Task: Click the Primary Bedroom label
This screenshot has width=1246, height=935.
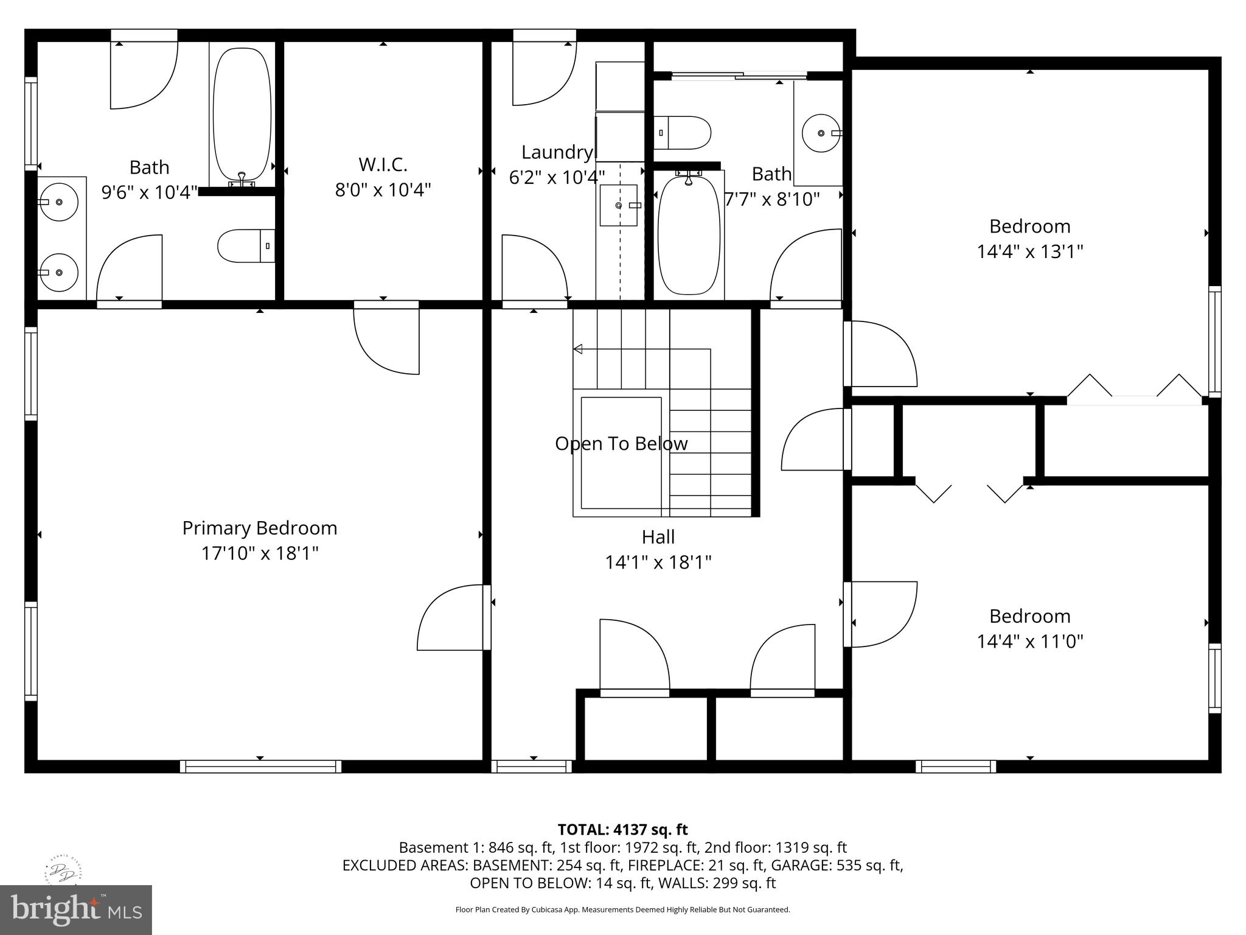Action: pyautogui.click(x=260, y=528)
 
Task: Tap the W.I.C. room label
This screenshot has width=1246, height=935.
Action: pyautogui.click(x=383, y=164)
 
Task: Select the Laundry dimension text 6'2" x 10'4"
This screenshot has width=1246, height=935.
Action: pyautogui.click(x=557, y=177)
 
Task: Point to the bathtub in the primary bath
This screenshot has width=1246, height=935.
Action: pyautogui.click(x=242, y=116)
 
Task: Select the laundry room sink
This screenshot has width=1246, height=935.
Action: pyautogui.click(x=619, y=206)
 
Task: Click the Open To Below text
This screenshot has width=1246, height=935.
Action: pyautogui.click(x=621, y=444)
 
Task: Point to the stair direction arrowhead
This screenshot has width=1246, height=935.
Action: pyautogui.click(x=578, y=349)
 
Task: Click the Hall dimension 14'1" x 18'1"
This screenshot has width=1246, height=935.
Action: pyautogui.click(x=658, y=562)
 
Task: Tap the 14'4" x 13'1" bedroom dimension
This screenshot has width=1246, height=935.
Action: pyautogui.click(x=1029, y=251)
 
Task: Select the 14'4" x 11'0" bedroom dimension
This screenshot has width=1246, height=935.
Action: pyautogui.click(x=1029, y=641)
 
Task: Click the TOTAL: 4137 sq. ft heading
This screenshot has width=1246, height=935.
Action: pyautogui.click(x=622, y=829)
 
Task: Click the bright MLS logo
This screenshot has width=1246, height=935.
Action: pyautogui.click(x=75, y=910)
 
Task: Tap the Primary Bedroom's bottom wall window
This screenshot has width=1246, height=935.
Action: pyautogui.click(x=260, y=766)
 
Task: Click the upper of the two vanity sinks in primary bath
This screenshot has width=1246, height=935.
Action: pyautogui.click(x=59, y=201)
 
